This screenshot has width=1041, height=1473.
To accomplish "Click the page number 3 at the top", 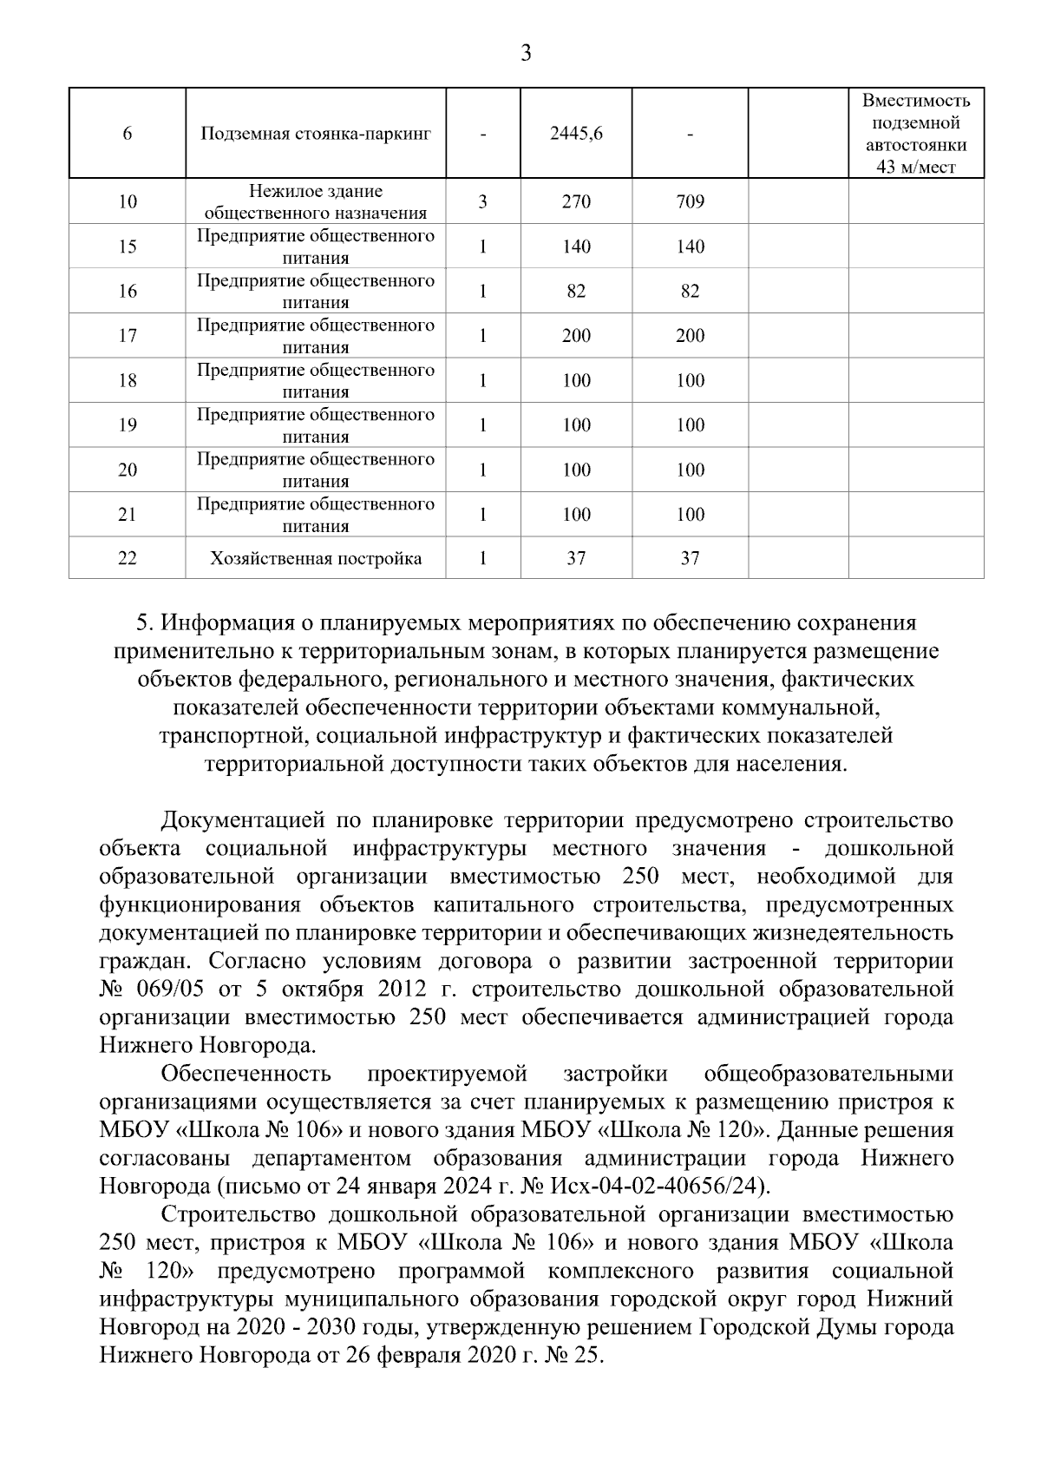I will click(x=525, y=54).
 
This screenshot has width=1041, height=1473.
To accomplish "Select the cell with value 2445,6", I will click(x=576, y=134).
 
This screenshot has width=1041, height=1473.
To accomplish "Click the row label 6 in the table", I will click(x=128, y=134).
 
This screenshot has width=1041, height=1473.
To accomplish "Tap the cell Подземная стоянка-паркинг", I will click(x=316, y=134).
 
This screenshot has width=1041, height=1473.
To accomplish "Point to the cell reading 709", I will click(x=690, y=202).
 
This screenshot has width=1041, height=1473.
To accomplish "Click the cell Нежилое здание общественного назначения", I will click(x=316, y=202).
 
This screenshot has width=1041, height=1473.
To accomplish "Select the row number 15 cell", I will click(x=128, y=247).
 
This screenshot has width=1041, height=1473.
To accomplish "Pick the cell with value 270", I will click(x=576, y=202).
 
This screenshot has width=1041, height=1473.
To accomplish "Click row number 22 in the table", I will click(x=128, y=558).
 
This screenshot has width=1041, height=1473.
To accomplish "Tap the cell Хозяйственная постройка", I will click(x=316, y=558).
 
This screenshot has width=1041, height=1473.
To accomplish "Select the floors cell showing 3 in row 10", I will click(x=482, y=202).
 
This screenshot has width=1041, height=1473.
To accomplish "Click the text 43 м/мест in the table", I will click(x=915, y=168).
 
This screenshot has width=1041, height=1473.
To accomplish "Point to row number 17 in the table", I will click(x=128, y=336).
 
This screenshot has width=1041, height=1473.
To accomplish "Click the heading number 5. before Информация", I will click(x=146, y=623).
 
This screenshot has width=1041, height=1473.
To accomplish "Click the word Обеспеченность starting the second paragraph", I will click(x=246, y=1075).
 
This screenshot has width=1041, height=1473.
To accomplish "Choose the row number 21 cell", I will click(x=128, y=515).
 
